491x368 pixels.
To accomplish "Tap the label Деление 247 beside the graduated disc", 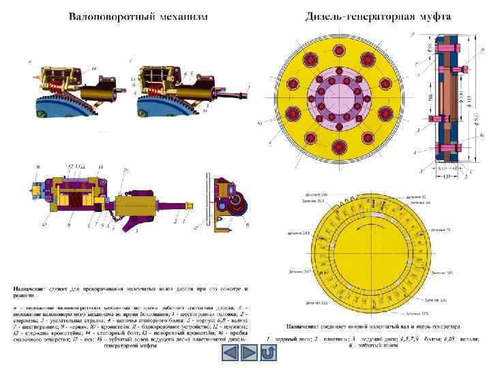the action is click(300, 272).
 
